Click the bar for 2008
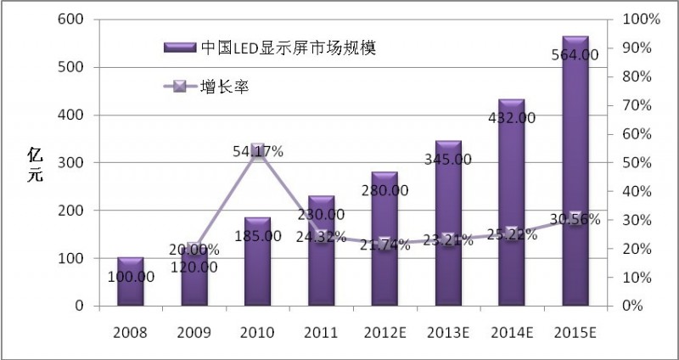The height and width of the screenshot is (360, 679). coord(130,280)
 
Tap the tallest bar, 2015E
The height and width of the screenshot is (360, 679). coord(575,171)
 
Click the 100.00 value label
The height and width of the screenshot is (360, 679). coord(131,278)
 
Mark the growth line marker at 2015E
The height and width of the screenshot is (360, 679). coord(575,218)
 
